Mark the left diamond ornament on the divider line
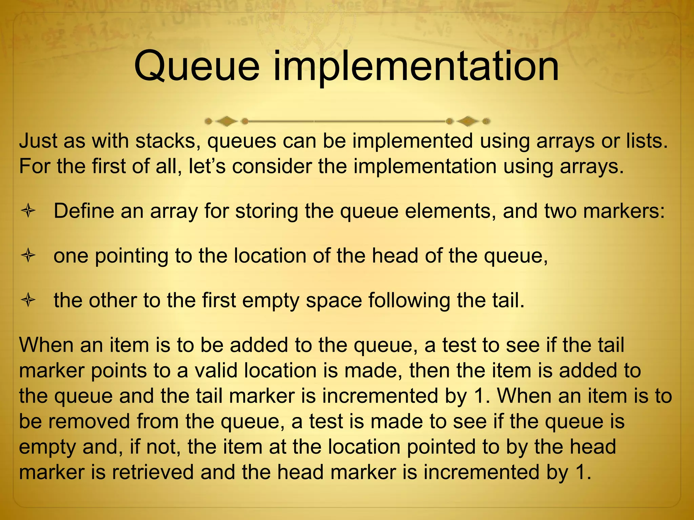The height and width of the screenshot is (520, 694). coord(226,121)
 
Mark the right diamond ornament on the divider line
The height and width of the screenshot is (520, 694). coord(468,121)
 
